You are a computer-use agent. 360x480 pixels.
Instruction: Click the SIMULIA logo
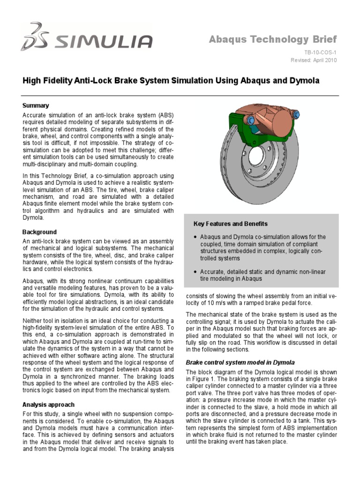pyautogui.click(x=86, y=37)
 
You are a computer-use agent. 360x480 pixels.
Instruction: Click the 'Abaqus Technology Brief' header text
pyautogui.click(x=272, y=39)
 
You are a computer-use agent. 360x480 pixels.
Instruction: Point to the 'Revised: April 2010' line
pyautogui.click(x=313, y=60)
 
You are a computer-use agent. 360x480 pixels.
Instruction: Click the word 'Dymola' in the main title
pyautogui.click(x=304, y=81)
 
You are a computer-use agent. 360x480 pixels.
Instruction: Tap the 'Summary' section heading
pyautogui.click(x=36, y=105)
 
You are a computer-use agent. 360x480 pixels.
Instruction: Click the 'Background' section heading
pyautogui.click(x=39, y=232)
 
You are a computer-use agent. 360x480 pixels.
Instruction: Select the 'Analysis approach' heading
pyautogui.click(x=48, y=404)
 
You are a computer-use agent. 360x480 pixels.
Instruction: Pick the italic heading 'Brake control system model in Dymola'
pyautogui.click(x=240, y=362)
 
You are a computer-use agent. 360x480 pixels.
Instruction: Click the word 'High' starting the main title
pyautogui.click(x=32, y=81)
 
